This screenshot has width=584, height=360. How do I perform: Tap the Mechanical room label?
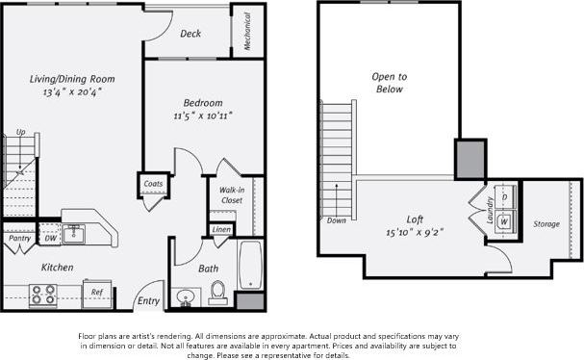[x=247, y=31]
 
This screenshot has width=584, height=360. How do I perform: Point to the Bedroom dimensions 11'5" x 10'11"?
[x=203, y=116]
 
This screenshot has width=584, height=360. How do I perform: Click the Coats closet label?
[x=152, y=183]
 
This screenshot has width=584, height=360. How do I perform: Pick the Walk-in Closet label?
[x=230, y=196]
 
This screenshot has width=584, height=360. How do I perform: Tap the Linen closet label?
[x=221, y=230]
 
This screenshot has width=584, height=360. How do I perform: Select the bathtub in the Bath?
[x=249, y=264]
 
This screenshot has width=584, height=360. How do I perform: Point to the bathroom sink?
[x=184, y=296]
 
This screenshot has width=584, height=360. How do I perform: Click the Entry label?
[x=148, y=301]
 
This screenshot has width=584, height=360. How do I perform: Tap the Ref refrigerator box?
[x=96, y=293]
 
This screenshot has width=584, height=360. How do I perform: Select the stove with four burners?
[x=42, y=295]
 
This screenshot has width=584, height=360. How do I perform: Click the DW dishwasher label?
[x=50, y=238]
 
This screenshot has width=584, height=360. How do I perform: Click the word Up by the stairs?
[x=20, y=132]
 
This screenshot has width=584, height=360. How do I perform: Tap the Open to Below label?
[x=389, y=83]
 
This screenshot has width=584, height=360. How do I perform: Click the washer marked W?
[x=503, y=220]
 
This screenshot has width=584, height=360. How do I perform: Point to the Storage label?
[x=546, y=224]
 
